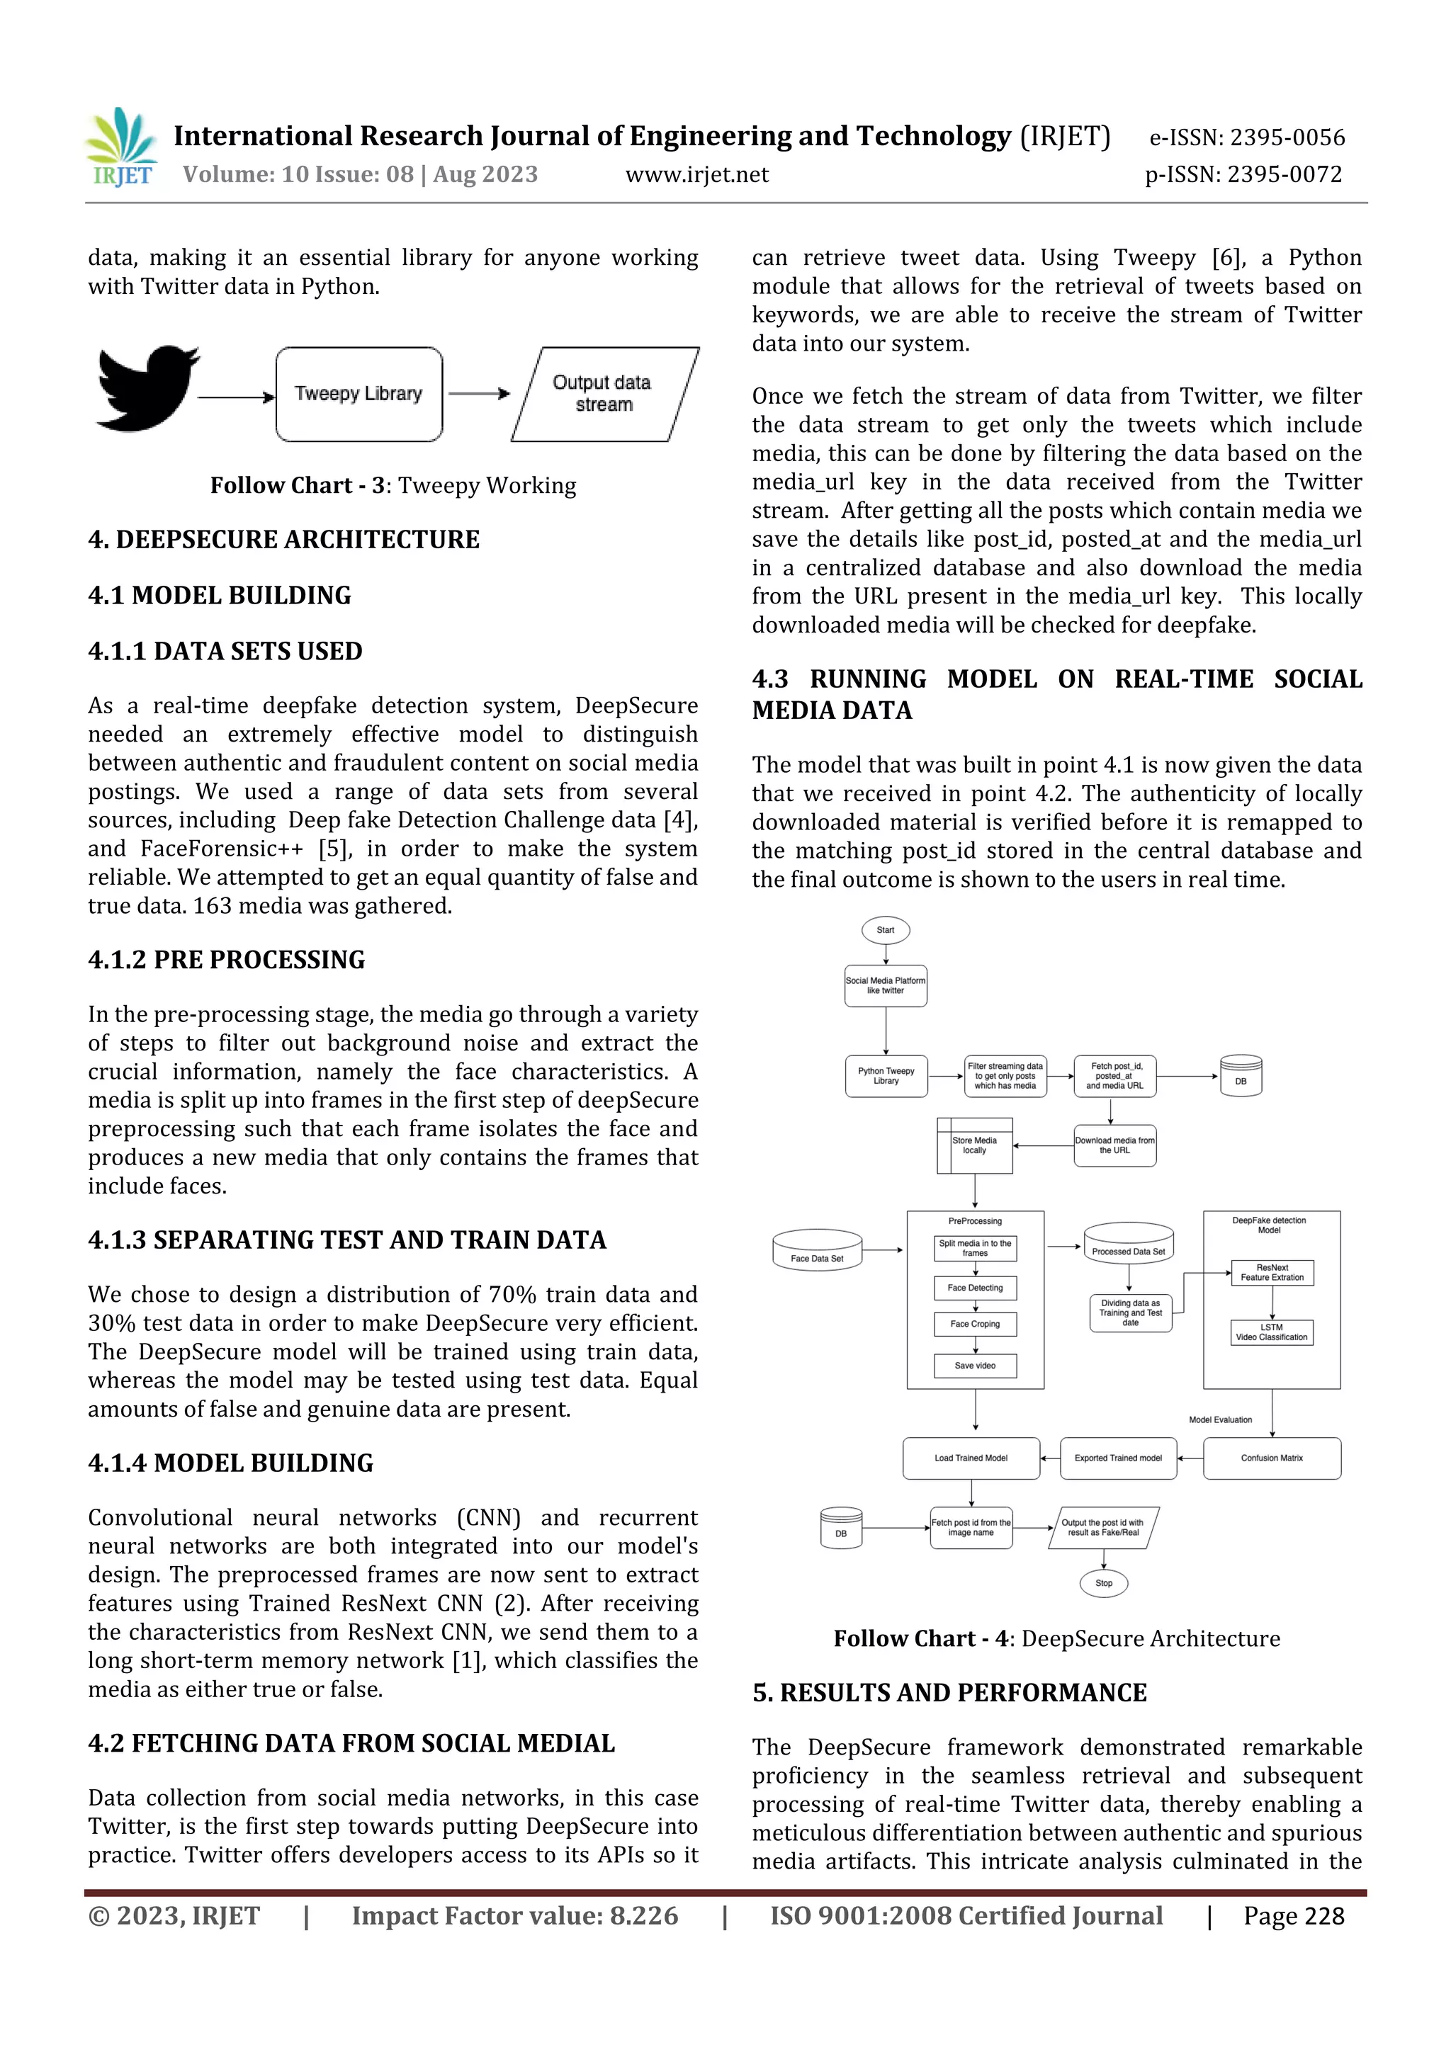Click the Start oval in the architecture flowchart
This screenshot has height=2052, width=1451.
[x=885, y=929]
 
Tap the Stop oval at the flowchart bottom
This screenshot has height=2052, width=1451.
[x=1103, y=1583]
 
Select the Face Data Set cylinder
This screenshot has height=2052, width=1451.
[x=817, y=1250]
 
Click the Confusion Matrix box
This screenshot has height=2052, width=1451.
[x=1271, y=1458]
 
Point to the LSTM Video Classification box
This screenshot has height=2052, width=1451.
[x=1271, y=1332]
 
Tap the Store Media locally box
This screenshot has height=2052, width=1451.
[x=974, y=1146]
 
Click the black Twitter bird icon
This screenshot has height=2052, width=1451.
[x=147, y=389]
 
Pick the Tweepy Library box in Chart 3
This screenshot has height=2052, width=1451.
[x=358, y=394]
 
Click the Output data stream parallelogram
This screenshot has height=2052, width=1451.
[x=604, y=394]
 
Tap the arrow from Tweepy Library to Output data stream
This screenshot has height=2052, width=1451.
[x=479, y=393]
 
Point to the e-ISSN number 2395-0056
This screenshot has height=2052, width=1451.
[x=1287, y=137]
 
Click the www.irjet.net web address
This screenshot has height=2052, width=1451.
[x=696, y=174]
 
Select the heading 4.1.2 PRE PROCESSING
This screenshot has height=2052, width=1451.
[x=226, y=960]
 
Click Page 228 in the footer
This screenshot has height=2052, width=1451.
[x=1293, y=1916]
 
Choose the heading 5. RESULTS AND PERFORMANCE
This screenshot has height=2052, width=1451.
[x=949, y=1693]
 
